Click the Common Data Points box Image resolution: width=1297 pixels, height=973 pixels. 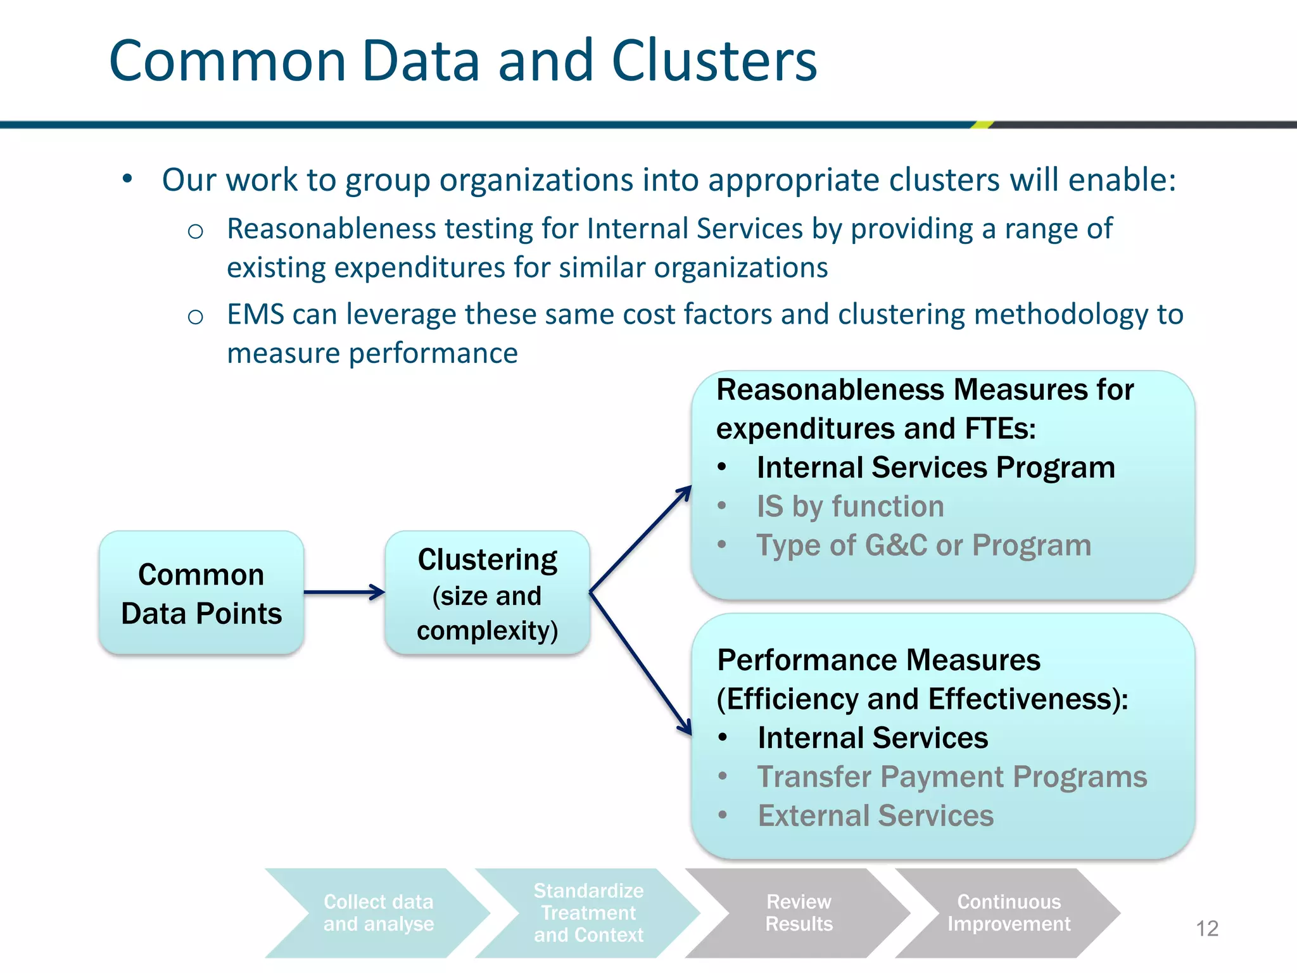[x=201, y=593]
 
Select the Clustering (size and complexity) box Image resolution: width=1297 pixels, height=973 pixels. [x=487, y=593]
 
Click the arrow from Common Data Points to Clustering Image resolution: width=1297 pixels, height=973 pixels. [x=344, y=592]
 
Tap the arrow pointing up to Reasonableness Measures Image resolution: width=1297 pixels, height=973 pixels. [x=640, y=539]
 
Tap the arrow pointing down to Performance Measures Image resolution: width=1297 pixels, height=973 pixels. [x=640, y=663]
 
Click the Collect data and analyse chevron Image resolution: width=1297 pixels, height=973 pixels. [x=378, y=913]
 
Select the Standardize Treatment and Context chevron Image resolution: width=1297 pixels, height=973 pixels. [x=588, y=913]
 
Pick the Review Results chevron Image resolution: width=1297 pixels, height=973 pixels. [x=799, y=913]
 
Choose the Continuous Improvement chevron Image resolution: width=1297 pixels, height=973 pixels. [x=1008, y=913]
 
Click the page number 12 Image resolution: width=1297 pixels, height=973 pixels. [x=1206, y=929]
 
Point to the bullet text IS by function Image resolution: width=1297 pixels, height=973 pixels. [x=850, y=506]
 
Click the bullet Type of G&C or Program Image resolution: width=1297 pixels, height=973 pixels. [x=923, y=545]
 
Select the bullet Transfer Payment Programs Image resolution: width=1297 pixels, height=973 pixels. [x=952, y=777]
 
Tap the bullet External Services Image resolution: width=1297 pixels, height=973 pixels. [x=875, y=816]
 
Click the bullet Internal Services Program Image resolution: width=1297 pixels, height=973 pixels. [x=935, y=467]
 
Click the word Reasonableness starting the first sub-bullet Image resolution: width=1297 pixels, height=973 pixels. [x=331, y=229]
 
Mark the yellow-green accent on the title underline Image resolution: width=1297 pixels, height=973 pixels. [x=982, y=125]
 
